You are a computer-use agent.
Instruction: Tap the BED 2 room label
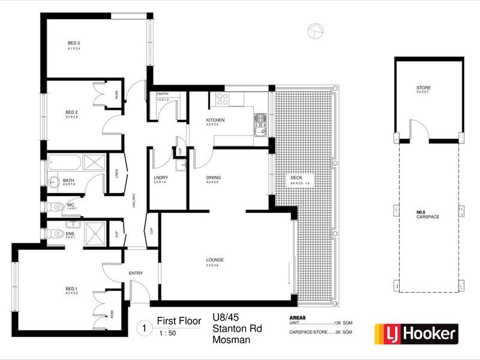(71, 113)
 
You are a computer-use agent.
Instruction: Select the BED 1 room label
(71, 289)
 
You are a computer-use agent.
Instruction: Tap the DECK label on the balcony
(296, 178)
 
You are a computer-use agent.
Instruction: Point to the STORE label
(423, 88)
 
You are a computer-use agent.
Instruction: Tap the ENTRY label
(136, 274)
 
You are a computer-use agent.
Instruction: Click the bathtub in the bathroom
(65, 162)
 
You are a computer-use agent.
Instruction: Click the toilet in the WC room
(57, 206)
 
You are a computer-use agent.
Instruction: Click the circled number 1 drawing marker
(143, 328)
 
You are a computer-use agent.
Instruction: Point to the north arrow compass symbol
(313, 31)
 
